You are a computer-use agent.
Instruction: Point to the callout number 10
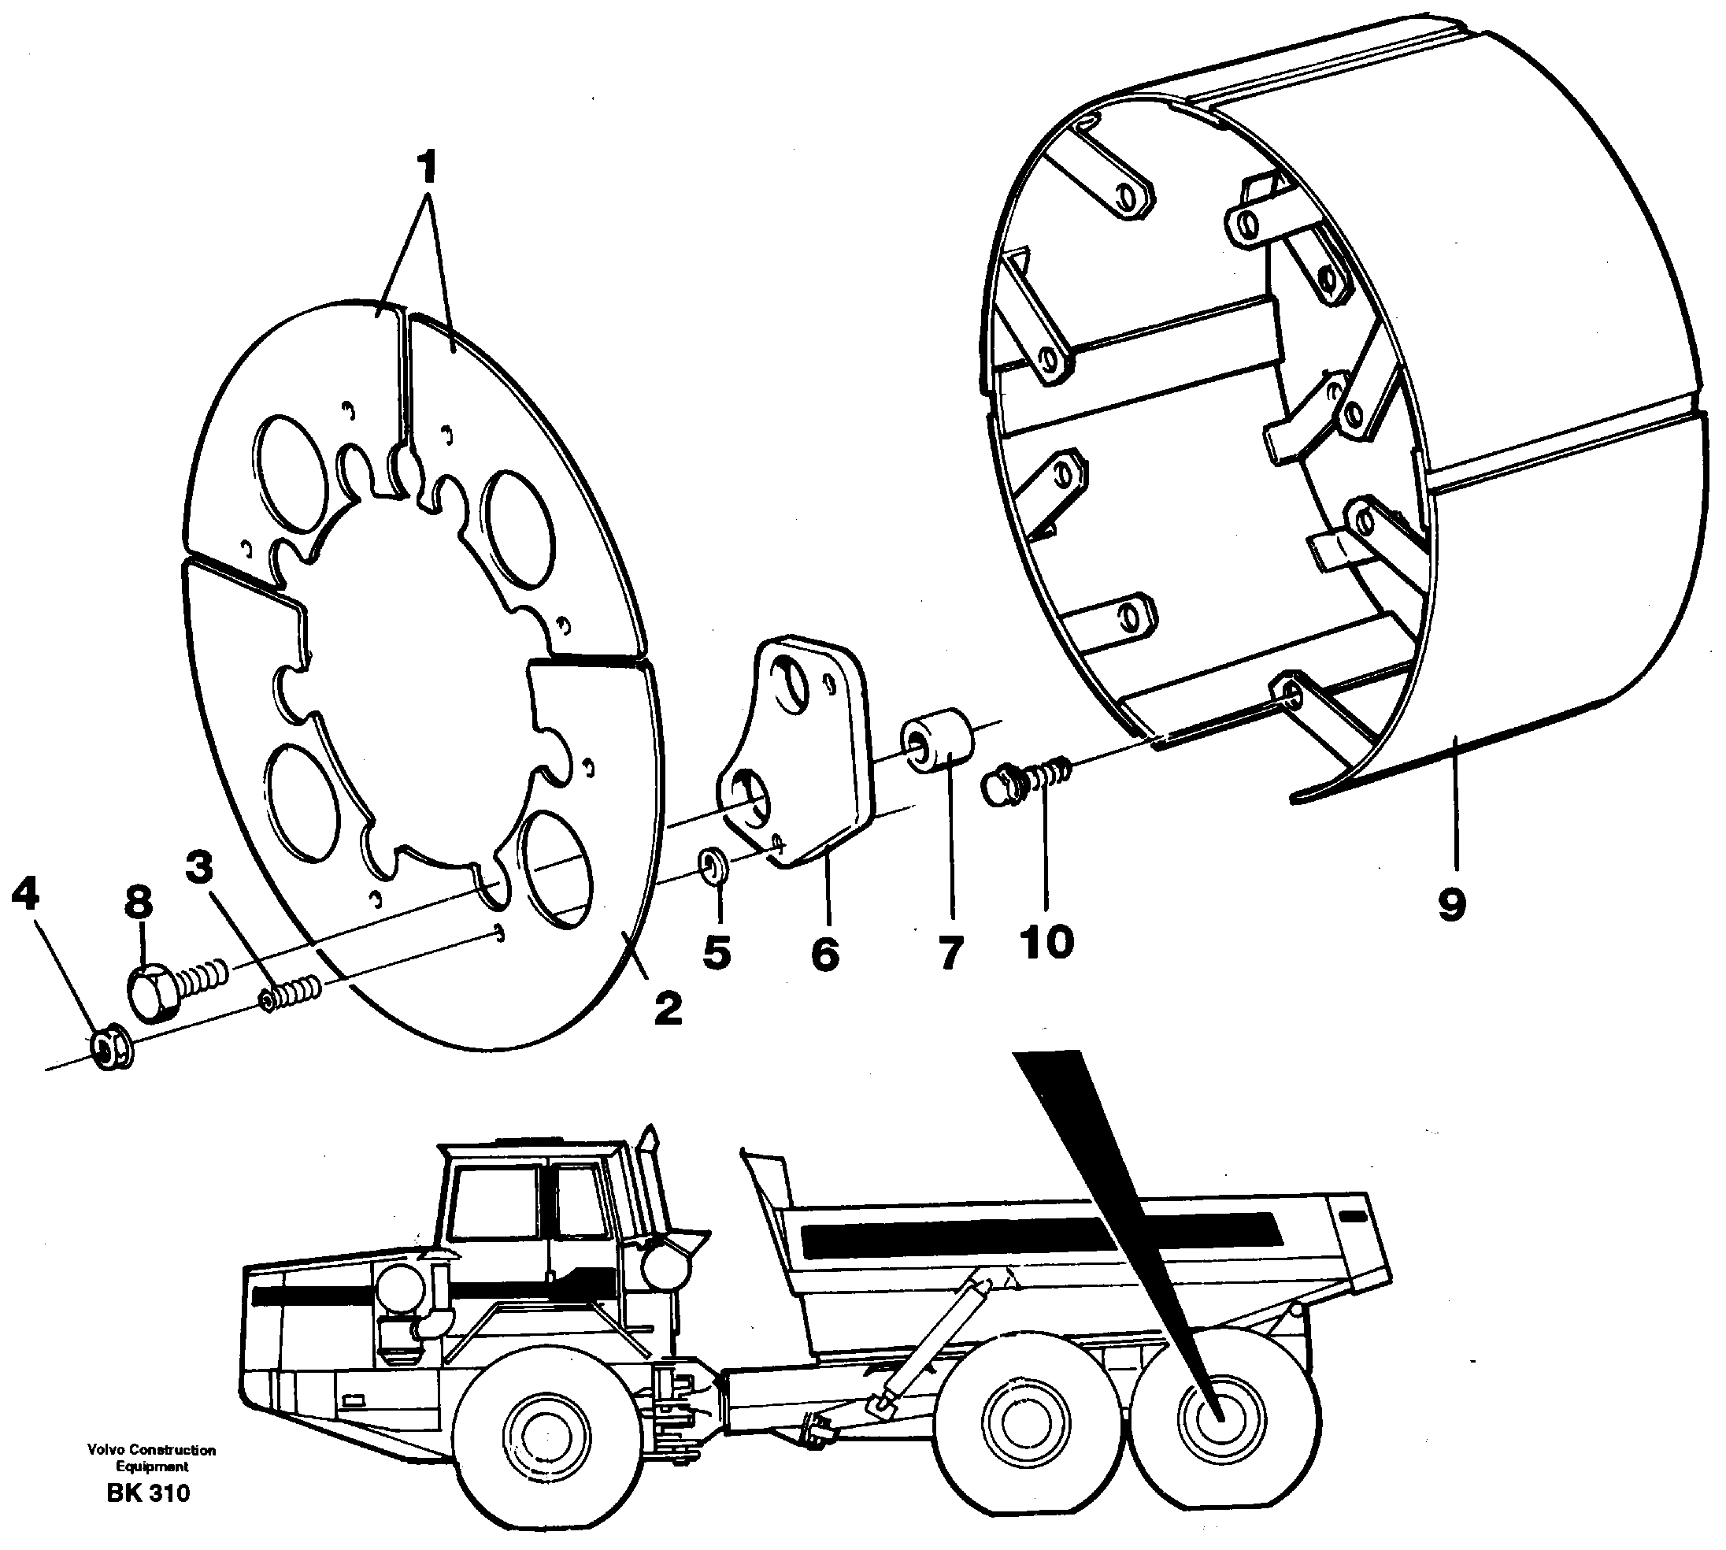[x=1046, y=942]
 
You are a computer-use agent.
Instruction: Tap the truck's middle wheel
[x=1016, y=1443]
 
